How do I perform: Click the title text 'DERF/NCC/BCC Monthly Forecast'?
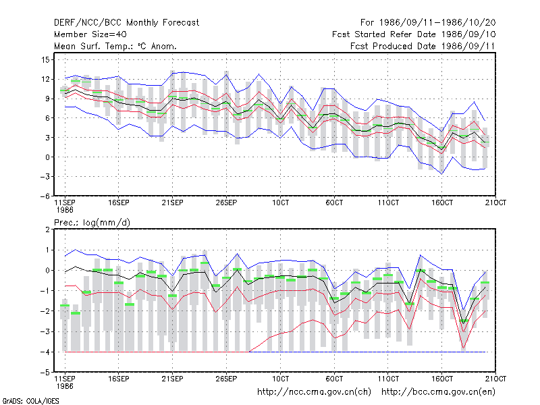pos(126,23)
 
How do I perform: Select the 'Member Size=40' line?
pos(90,34)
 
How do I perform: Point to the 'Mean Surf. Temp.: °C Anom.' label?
pos(115,46)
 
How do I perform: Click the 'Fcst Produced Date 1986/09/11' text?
pos(423,46)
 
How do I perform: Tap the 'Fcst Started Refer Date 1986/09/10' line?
pos(414,34)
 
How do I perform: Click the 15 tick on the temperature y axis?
pos(45,60)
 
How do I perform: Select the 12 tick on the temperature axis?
pos(45,79)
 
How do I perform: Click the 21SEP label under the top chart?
pos(172,203)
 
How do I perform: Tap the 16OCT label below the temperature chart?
pos(442,203)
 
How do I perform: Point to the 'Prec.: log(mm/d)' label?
pos(92,223)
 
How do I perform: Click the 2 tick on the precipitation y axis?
pos(47,230)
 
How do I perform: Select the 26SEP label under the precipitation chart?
pos(226,379)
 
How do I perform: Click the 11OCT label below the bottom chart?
pos(388,379)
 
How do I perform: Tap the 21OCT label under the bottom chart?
pos(495,379)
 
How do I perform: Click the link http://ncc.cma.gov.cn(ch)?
pos(314,392)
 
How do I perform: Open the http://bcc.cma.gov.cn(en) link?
pos(438,392)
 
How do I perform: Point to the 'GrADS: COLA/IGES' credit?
pos(30,401)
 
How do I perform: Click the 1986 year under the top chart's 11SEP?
pos(65,210)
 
